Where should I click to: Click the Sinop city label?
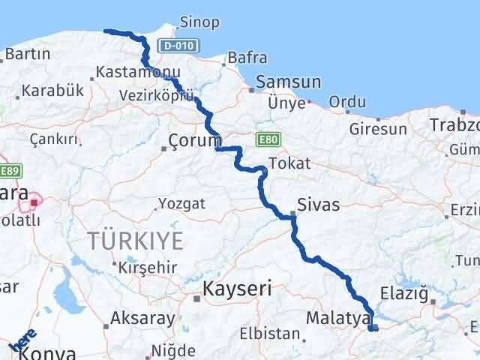pyautogui.click(x=199, y=22)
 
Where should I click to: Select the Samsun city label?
pyautogui.click(x=289, y=82)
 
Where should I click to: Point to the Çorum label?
pyautogui.click(x=195, y=140)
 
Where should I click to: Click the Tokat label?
pyautogui.click(x=289, y=163)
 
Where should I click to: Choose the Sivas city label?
pyautogui.click(x=318, y=204)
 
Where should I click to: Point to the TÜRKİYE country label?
pyautogui.click(x=135, y=241)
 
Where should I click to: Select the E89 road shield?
pyautogui.click(x=9, y=171)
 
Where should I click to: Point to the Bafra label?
pyautogui.click(x=246, y=56)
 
